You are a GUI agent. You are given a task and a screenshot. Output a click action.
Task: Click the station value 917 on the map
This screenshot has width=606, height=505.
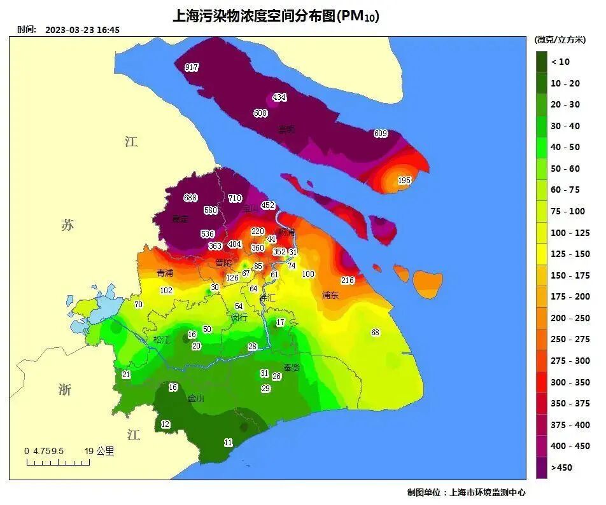point(192,67)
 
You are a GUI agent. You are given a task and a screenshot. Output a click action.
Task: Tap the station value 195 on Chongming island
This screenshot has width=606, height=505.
point(404,181)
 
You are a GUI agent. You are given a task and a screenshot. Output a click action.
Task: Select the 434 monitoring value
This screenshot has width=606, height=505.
point(279,97)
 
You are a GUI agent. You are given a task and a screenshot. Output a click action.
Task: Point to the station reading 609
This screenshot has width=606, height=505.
point(381,134)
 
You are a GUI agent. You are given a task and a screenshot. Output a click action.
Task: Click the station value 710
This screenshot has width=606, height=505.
point(235,198)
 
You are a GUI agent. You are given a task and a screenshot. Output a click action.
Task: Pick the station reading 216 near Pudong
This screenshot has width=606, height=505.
point(348,280)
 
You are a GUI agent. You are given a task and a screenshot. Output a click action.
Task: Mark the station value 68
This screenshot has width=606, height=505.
point(375,333)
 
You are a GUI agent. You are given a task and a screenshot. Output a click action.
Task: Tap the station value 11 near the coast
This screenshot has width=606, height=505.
point(229,443)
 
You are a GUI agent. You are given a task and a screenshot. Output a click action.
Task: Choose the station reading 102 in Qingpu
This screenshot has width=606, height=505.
point(166,291)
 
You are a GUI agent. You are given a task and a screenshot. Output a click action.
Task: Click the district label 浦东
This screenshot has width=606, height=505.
point(330,296)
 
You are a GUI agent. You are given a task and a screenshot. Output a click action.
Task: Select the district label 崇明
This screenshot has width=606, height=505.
point(286,130)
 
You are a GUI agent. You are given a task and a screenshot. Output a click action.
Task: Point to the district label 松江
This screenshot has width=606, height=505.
point(162,340)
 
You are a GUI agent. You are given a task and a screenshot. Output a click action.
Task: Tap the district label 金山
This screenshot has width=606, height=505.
point(196,399)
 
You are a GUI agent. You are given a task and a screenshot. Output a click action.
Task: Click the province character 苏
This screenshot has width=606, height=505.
point(67,225)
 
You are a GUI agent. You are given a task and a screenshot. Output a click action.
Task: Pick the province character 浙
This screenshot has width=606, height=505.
point(65,390)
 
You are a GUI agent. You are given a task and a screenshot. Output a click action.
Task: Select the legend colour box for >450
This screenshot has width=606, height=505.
point(542,467)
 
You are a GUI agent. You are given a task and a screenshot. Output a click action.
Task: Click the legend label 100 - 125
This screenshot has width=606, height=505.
point(570,233)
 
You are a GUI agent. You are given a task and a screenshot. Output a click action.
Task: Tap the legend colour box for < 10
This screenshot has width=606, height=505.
point(542,62)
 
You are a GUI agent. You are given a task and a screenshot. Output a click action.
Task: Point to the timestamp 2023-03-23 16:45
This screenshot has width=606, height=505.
point(83,30)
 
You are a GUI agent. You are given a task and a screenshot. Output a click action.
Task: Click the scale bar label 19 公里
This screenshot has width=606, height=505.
point(99,451)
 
